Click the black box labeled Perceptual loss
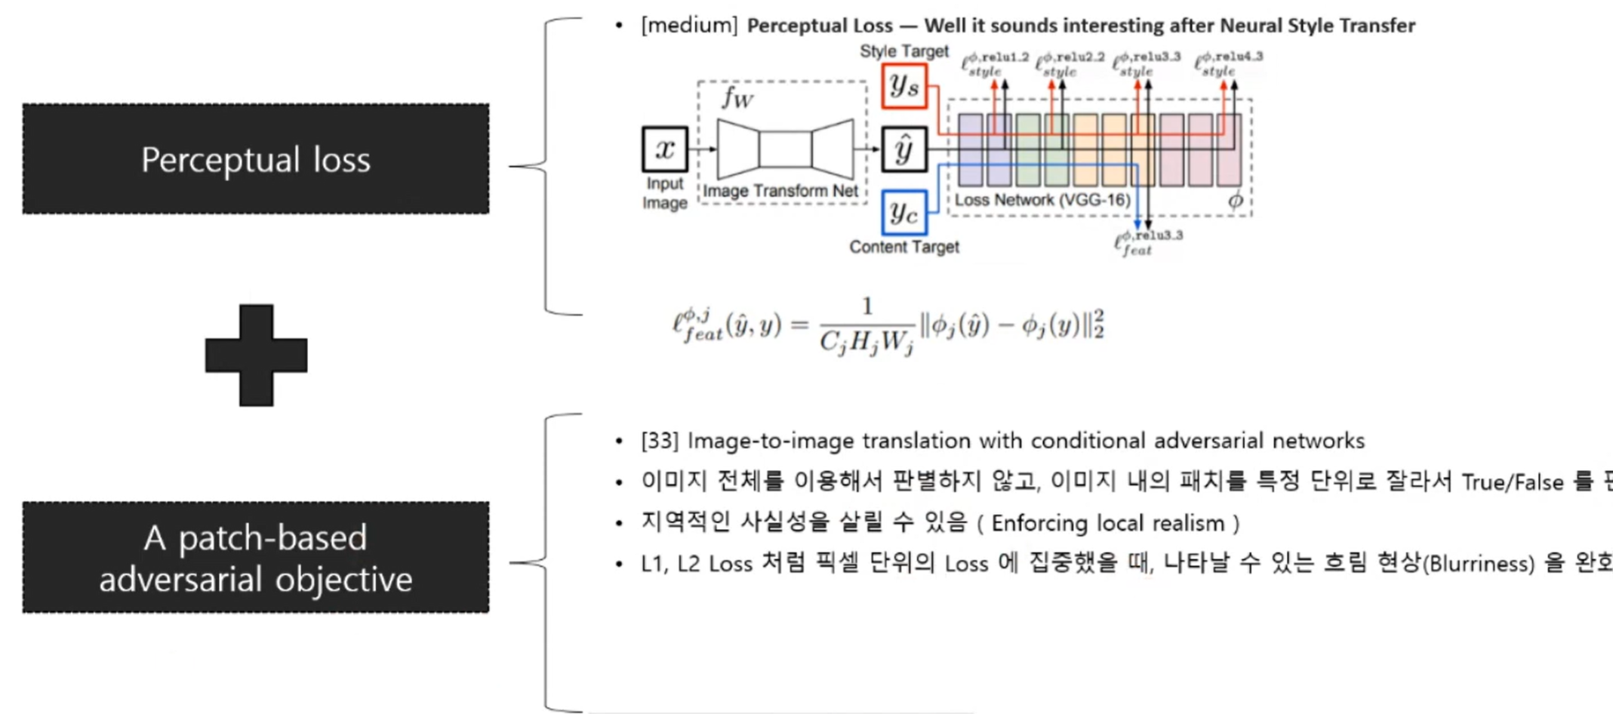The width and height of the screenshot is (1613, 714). [x=256, y=159]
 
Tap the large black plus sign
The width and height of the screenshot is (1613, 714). [x=256, y=355]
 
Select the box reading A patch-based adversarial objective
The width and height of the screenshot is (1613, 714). [x=256, y=558]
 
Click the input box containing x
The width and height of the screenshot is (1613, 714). [x=665, y=149]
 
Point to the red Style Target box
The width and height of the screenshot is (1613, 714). [x=904, y=86]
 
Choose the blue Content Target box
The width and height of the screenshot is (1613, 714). [x=904, y=213]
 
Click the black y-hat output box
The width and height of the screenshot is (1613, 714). [x=904, y=149]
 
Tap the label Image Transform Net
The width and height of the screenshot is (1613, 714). [x=780, y=192]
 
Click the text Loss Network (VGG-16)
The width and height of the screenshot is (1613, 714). [x=1042, y=200]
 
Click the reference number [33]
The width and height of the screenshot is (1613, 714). [x=660, y=441]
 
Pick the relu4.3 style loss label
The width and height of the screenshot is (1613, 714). [x=1228, y=64]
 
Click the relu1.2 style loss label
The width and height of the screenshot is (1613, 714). [x=994, y=65]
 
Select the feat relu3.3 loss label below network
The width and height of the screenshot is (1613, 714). [x=1147, y=243]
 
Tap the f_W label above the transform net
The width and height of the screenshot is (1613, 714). [x=737, y=98]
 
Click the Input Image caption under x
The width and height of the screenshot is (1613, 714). [x=665, y=193]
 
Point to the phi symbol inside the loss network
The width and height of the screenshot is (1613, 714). [x=1235, y=201]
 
